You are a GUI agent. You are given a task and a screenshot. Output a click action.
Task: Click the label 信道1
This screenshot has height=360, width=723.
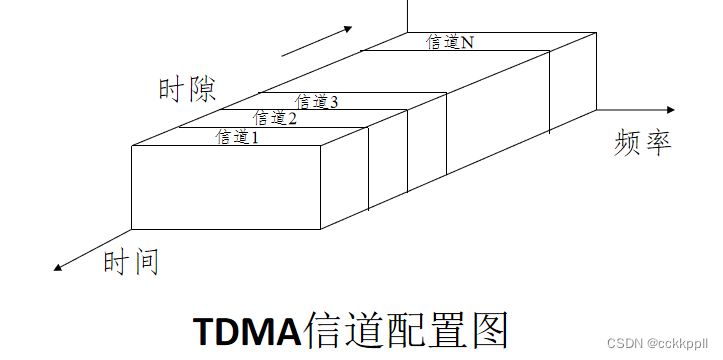tap(237, 137)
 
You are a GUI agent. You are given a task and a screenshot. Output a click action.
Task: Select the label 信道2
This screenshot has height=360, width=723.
tap(275, 119)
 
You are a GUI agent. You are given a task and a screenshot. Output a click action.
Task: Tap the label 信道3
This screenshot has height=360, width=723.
tap(317, 102)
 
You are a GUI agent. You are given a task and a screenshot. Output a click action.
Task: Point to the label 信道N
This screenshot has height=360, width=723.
tap(449, 43)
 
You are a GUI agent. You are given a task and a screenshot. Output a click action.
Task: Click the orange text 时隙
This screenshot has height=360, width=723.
tap(187, 88)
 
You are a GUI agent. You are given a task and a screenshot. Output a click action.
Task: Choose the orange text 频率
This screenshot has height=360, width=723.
tap(641, 143)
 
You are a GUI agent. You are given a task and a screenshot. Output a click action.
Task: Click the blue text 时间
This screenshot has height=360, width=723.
tap(131, 263)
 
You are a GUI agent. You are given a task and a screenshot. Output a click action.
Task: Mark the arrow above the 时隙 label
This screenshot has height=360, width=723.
tap(318, 42)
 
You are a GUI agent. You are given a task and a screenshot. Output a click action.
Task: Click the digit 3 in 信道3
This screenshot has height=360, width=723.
tap(334, 102)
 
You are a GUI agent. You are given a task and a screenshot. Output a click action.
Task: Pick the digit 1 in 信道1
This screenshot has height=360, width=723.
tap(254, 138)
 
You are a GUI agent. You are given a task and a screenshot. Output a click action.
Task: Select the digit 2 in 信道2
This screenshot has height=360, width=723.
tap(292, 119)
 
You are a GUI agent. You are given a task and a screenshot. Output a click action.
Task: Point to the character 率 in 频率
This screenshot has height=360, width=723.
tap(656, 143)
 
